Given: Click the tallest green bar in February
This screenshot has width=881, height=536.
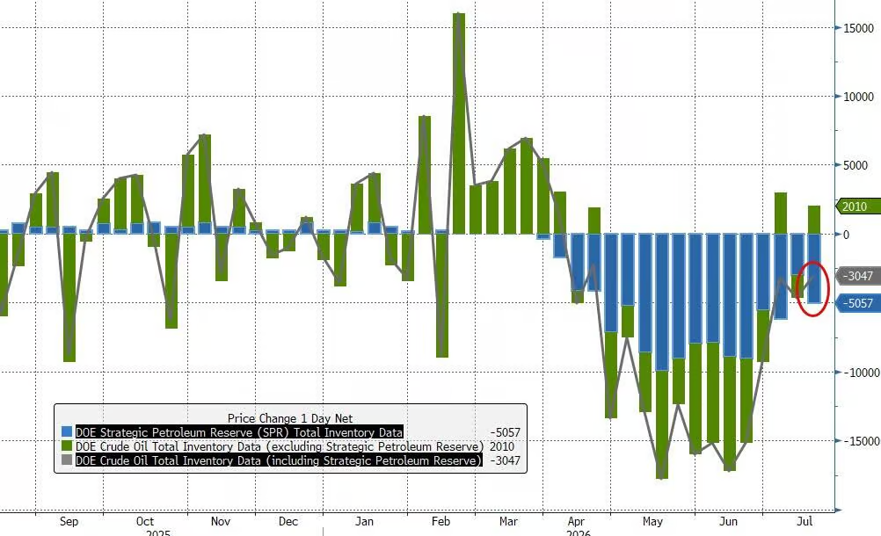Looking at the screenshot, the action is coord(459,124).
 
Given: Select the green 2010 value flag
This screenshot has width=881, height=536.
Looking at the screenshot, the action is coord(858,206).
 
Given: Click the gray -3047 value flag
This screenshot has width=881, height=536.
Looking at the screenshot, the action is coord(858,276).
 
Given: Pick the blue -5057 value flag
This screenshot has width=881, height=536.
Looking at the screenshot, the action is coord(858,303).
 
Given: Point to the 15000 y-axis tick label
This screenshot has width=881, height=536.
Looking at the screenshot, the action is coord(858,29).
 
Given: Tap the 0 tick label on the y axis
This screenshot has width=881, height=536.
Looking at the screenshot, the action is coord(846,235).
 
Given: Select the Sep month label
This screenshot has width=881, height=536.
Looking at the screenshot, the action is coord(69,521).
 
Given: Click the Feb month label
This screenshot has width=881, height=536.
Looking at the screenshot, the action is coord(440,521).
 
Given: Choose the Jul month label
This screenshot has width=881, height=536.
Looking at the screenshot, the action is coord(805,521).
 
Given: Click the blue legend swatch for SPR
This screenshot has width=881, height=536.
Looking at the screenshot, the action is coord(67,432).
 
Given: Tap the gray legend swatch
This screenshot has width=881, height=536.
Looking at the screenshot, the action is coord(67,460).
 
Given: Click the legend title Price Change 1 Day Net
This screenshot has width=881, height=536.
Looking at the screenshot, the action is coord(290,418).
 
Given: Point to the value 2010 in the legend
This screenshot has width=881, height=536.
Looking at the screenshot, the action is coord(502,446).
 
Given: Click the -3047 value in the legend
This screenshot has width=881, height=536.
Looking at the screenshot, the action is coord(505,460).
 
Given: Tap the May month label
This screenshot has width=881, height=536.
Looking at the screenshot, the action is coord(652,521).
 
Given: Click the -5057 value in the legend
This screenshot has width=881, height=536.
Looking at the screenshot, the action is coord(505,432).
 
